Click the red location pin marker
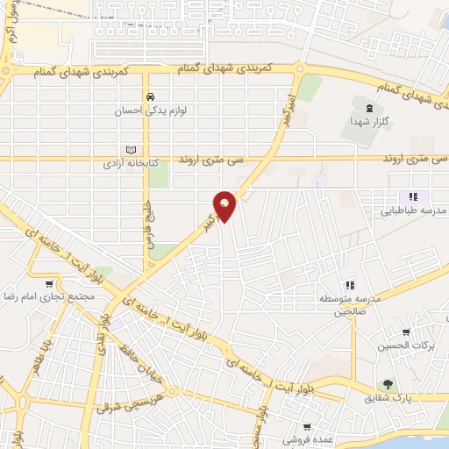[x=225, y=205]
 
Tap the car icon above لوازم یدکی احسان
[x=151, y=96]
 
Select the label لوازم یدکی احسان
[x=151, y=111]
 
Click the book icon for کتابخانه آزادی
[x=132, y=150]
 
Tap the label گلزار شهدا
[x=363, y=122]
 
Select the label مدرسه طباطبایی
[x=417, y=211]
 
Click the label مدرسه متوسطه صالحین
[x=351, y=304]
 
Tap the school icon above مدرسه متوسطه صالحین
[x=349, y=284]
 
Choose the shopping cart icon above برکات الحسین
[x=405, y=332]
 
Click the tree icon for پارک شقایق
[x=386, y=384]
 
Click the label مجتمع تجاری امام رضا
[x=48, y=297]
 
